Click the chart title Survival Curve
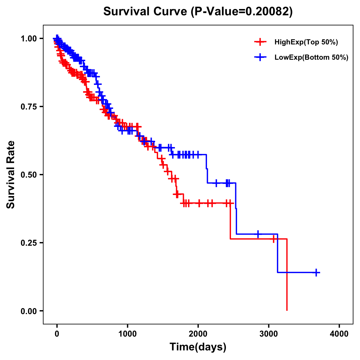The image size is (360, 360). coord(198,11)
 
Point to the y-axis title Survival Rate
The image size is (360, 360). coord(11,174)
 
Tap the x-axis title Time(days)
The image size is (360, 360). coord(198,347)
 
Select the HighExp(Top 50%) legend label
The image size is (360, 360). coord(306,42)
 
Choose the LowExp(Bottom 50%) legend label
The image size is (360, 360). coord(311,58)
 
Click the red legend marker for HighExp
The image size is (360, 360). coord(260,42)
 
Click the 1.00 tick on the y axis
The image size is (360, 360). coord(28,38)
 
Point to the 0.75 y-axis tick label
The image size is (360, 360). coord(28,106)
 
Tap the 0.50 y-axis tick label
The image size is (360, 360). coord(28,175)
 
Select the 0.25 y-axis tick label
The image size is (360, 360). coord(28,243)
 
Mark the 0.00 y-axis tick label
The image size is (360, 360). coord(28,311)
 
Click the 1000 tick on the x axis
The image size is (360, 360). coord(127,334)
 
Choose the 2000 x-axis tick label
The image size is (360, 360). coord(198,334)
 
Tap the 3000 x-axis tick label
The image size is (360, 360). coord(269,334)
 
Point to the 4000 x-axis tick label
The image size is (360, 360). coord(339,334)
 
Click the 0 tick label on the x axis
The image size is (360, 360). coord(57,334)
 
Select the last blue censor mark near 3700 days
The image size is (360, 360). coord(316,272)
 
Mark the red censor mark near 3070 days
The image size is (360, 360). coord(274,239)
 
